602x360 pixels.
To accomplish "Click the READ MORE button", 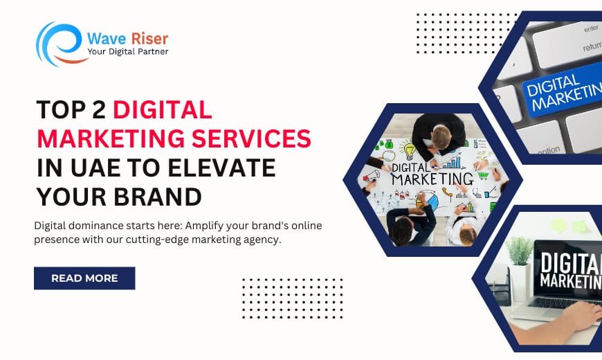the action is (x=84, y=278).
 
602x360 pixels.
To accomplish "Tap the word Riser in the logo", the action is (x=149, y=39).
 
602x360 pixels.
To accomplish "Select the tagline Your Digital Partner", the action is (x=128, y=51).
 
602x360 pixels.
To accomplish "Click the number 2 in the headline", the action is (x=99, y=110).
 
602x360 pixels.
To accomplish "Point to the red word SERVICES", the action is (x=251, y=138).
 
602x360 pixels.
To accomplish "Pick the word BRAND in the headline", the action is (x=158, y=197).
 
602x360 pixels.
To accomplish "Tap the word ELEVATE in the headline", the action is (x=221, y=168).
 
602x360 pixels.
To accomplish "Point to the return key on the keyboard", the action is (x=592, y=47).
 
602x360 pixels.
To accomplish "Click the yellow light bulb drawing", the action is (x=408, y=149).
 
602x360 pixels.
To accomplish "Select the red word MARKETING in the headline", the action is (x=111, y=138).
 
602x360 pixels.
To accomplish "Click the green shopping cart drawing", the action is (x=482, y=177).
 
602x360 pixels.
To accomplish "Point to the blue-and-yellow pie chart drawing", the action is (x=429, y=201).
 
